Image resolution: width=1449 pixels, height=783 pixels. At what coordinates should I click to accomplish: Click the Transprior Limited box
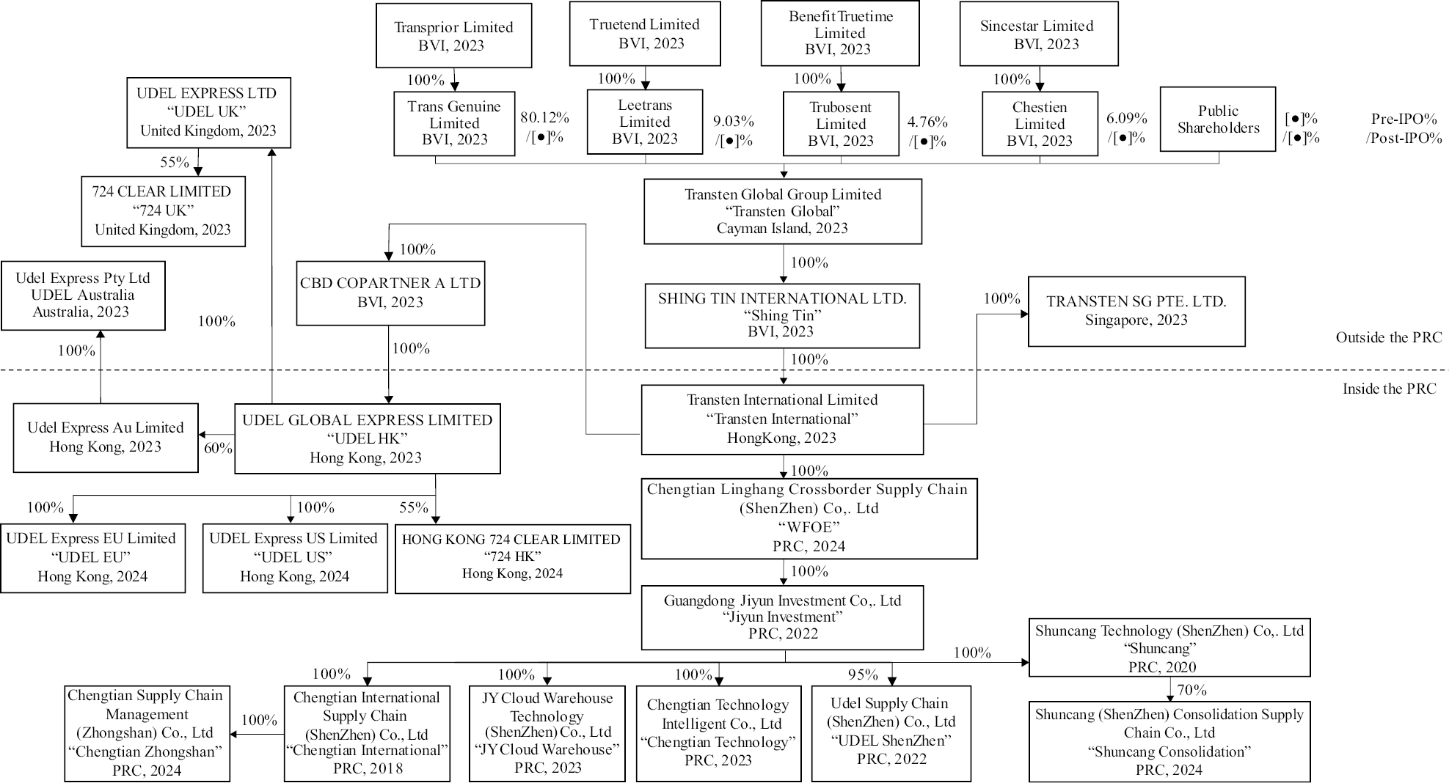[453, 36]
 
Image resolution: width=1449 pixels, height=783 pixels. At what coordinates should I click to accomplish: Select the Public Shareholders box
[1217, 120]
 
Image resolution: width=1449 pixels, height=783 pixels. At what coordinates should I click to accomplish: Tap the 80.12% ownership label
[544, 117]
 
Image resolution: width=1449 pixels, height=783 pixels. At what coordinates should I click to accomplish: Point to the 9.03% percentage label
[734, 121]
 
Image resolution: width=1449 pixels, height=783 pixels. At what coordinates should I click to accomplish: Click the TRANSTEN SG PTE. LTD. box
[1136, 312]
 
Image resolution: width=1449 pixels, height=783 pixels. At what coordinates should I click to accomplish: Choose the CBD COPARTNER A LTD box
[390, 293]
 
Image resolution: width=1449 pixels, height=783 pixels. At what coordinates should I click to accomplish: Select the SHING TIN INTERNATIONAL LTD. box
[782, 315]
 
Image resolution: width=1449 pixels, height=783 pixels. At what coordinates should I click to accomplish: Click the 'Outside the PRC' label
[1388, 337]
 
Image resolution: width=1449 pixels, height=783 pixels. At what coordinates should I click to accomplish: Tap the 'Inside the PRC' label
[1389, 389]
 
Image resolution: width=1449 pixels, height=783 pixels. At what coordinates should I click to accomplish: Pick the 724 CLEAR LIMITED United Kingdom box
[163, 211]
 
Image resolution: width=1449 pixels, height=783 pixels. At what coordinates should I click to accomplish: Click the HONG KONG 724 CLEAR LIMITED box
[512, 558]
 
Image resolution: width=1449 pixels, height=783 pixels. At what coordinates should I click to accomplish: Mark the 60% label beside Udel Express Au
[218, 448]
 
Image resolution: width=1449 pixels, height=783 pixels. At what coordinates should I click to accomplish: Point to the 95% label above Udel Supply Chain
[863, 674]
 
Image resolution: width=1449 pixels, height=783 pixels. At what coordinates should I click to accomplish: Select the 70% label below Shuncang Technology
[1191, 690]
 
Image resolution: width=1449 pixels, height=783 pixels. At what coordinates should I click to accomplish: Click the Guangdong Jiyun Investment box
[782, 617]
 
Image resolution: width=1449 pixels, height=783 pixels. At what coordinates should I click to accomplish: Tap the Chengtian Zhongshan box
[147, 732]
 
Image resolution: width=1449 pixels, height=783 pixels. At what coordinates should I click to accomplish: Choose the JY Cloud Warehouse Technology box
[547, 732]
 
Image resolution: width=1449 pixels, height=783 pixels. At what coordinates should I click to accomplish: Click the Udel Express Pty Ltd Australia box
[83, 295]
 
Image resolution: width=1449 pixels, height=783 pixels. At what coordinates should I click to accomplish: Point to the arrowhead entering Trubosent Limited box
[841, 88]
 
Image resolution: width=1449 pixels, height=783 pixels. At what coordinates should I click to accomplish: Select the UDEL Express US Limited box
[295, 558]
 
